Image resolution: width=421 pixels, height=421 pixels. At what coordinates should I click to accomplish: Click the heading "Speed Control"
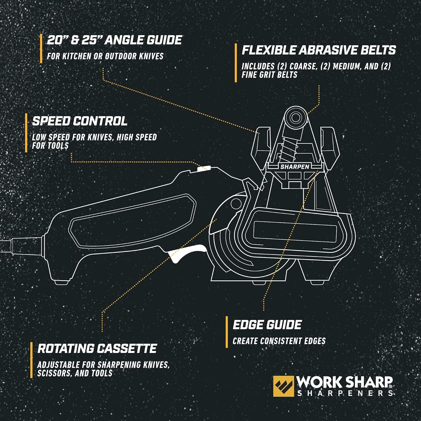point(80,121)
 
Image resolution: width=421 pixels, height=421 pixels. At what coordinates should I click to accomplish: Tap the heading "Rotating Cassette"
point(97,349)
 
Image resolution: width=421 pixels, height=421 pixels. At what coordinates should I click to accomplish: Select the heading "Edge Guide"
point(267,325)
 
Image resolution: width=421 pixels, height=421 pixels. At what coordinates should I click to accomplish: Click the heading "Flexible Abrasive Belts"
point(319,50)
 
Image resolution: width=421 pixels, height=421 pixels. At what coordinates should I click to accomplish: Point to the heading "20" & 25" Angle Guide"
point(114,40)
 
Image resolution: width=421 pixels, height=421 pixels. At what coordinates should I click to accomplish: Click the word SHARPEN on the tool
point(295,167)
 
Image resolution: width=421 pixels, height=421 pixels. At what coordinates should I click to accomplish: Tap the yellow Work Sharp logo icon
point(283,386)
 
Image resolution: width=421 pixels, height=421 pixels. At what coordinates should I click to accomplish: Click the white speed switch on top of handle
point(204,169)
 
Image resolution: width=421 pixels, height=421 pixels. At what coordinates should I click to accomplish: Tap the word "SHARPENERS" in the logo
point(345,393)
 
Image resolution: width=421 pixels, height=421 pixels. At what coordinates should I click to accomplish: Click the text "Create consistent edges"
point(279,341)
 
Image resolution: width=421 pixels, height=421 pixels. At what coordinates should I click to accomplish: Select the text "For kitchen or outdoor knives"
point(105,56)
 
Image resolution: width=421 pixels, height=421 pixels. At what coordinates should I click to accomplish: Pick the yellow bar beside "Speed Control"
point(26,133)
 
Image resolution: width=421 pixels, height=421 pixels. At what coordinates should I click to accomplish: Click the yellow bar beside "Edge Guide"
point(227,332)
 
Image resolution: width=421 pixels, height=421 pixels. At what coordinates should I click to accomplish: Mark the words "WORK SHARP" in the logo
point(344,382)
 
